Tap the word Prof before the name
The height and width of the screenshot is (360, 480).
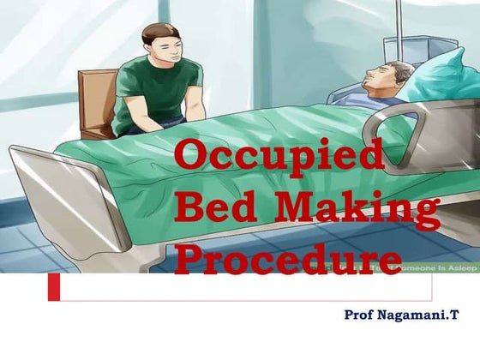(360, 315)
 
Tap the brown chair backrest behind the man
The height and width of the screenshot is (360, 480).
(96, 99)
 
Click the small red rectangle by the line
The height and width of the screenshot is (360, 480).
(53, 287)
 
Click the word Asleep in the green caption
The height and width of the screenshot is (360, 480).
(459, 267)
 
